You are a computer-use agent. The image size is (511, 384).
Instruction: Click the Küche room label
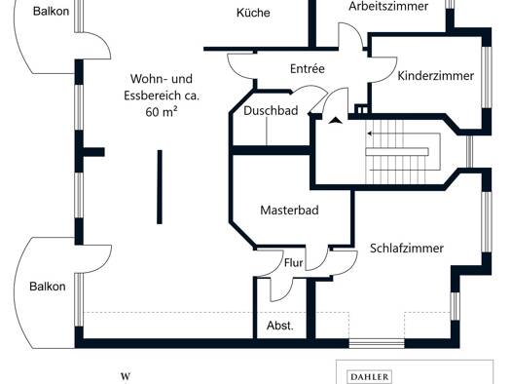coord(253,13)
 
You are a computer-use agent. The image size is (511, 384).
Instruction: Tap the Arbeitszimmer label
coord(388,6)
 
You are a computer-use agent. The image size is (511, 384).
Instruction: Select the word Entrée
coord(308,69)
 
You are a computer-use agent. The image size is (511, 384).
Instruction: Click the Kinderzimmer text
coord(436,76)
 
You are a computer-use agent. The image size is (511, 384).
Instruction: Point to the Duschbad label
coord(271,111)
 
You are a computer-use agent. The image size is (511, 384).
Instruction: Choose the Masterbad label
coord(289,211)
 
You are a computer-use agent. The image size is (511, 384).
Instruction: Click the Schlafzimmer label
coord(407,249)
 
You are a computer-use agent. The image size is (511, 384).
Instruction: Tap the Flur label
coord(293,263)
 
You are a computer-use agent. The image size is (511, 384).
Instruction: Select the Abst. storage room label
coord(280,326)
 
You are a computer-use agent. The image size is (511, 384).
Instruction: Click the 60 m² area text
coord(162,112)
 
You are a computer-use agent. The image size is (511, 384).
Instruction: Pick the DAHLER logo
coord(370,377)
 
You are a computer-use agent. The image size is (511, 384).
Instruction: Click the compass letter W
coord(126,376)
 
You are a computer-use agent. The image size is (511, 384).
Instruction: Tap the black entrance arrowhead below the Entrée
coord(336,121)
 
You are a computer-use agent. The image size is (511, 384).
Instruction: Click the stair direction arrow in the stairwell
coord(404,134)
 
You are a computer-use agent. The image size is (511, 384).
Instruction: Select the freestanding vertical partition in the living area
coord(160,187)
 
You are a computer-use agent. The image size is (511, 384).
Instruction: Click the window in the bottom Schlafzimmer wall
coord(377,343)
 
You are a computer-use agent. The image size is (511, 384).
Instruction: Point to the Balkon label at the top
coord(52,12)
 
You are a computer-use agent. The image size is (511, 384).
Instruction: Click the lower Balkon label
coord(48,287)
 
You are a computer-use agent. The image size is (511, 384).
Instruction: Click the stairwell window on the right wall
coord(469,151)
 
